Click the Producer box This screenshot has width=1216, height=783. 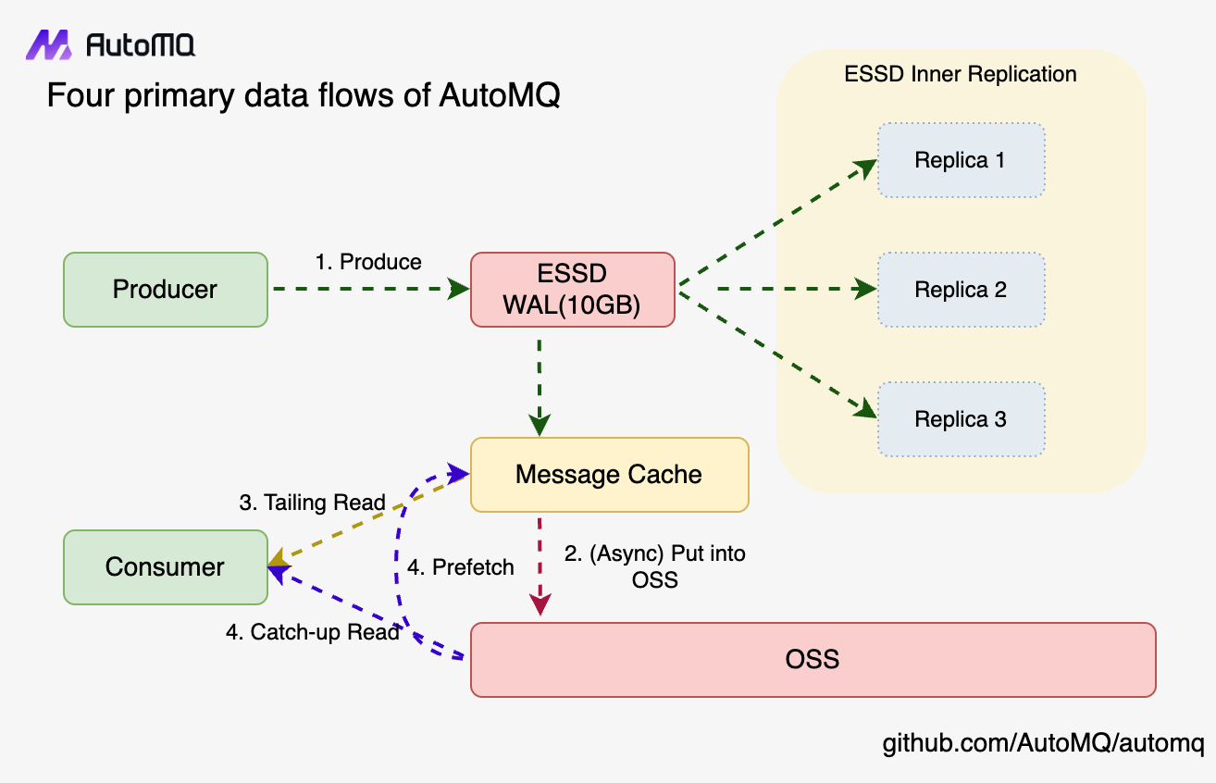pos(165,290)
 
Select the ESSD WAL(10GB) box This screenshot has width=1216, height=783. pos(572,290)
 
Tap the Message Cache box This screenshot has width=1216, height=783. pos(609,475)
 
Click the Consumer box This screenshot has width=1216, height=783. pos(165,567)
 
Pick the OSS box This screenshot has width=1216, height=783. pos(813,660)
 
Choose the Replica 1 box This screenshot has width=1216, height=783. pos(961,160)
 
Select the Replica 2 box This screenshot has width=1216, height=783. pos(961,290)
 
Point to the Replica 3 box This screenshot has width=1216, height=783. pos(961,419)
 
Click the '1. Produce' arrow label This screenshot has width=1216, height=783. pos(368,262)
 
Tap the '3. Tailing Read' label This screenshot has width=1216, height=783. pos(312,503)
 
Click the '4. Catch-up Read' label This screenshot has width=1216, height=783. pos(313,632)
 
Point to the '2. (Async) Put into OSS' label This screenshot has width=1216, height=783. pos(655,566)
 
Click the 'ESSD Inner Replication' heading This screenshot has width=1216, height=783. pos(961,74)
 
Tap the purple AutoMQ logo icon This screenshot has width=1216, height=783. pos(48,44)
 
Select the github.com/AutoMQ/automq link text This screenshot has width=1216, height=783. pos(1043,743)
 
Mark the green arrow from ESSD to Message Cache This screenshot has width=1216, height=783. pos(539,384)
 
